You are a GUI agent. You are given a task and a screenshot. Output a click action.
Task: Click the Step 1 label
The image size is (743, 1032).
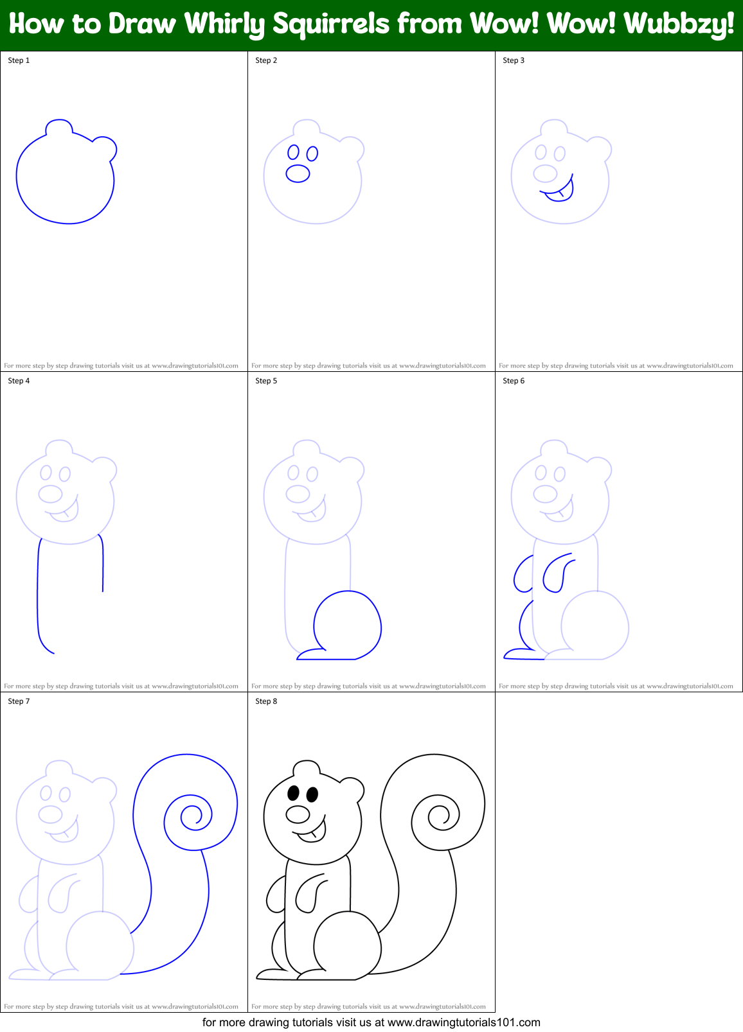(19, 60)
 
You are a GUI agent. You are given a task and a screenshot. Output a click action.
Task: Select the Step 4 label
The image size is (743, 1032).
(19, 381)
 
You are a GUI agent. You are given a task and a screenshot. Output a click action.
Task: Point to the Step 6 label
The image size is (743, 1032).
(514, 381)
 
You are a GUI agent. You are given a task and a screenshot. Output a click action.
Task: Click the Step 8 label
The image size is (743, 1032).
(266, 701)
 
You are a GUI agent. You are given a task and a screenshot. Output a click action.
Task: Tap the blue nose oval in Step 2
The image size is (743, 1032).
(298, 173)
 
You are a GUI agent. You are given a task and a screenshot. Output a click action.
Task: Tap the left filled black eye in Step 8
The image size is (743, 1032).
(294, 793)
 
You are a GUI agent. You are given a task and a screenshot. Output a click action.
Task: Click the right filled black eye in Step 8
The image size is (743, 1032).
(312, 795)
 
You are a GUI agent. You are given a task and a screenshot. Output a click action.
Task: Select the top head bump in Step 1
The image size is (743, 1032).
(58, 126)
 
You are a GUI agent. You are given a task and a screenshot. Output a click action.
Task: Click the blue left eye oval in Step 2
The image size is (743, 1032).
(294, 152)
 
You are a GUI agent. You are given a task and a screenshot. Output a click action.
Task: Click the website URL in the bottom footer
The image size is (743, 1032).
(463, 1022)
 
